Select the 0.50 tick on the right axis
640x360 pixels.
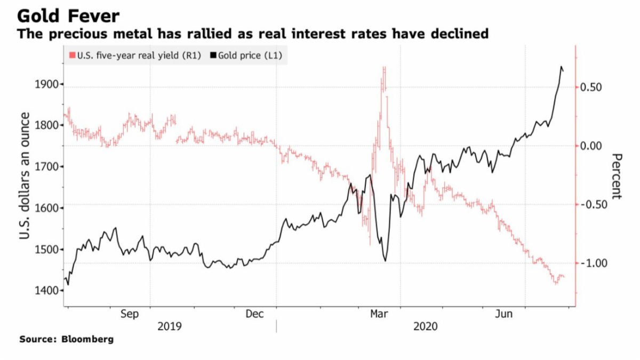point(590,87)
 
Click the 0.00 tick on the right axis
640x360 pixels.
point(590,146)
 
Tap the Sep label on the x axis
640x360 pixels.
point(130,315)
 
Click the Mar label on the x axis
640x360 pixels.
point(379,315)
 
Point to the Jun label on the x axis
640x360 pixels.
point(504,315)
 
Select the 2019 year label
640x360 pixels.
point(170,326)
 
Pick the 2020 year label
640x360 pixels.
point(425,326)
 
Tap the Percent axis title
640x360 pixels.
point(617,175)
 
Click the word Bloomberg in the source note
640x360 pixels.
point(87,339)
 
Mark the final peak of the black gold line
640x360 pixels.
point(561,67)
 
